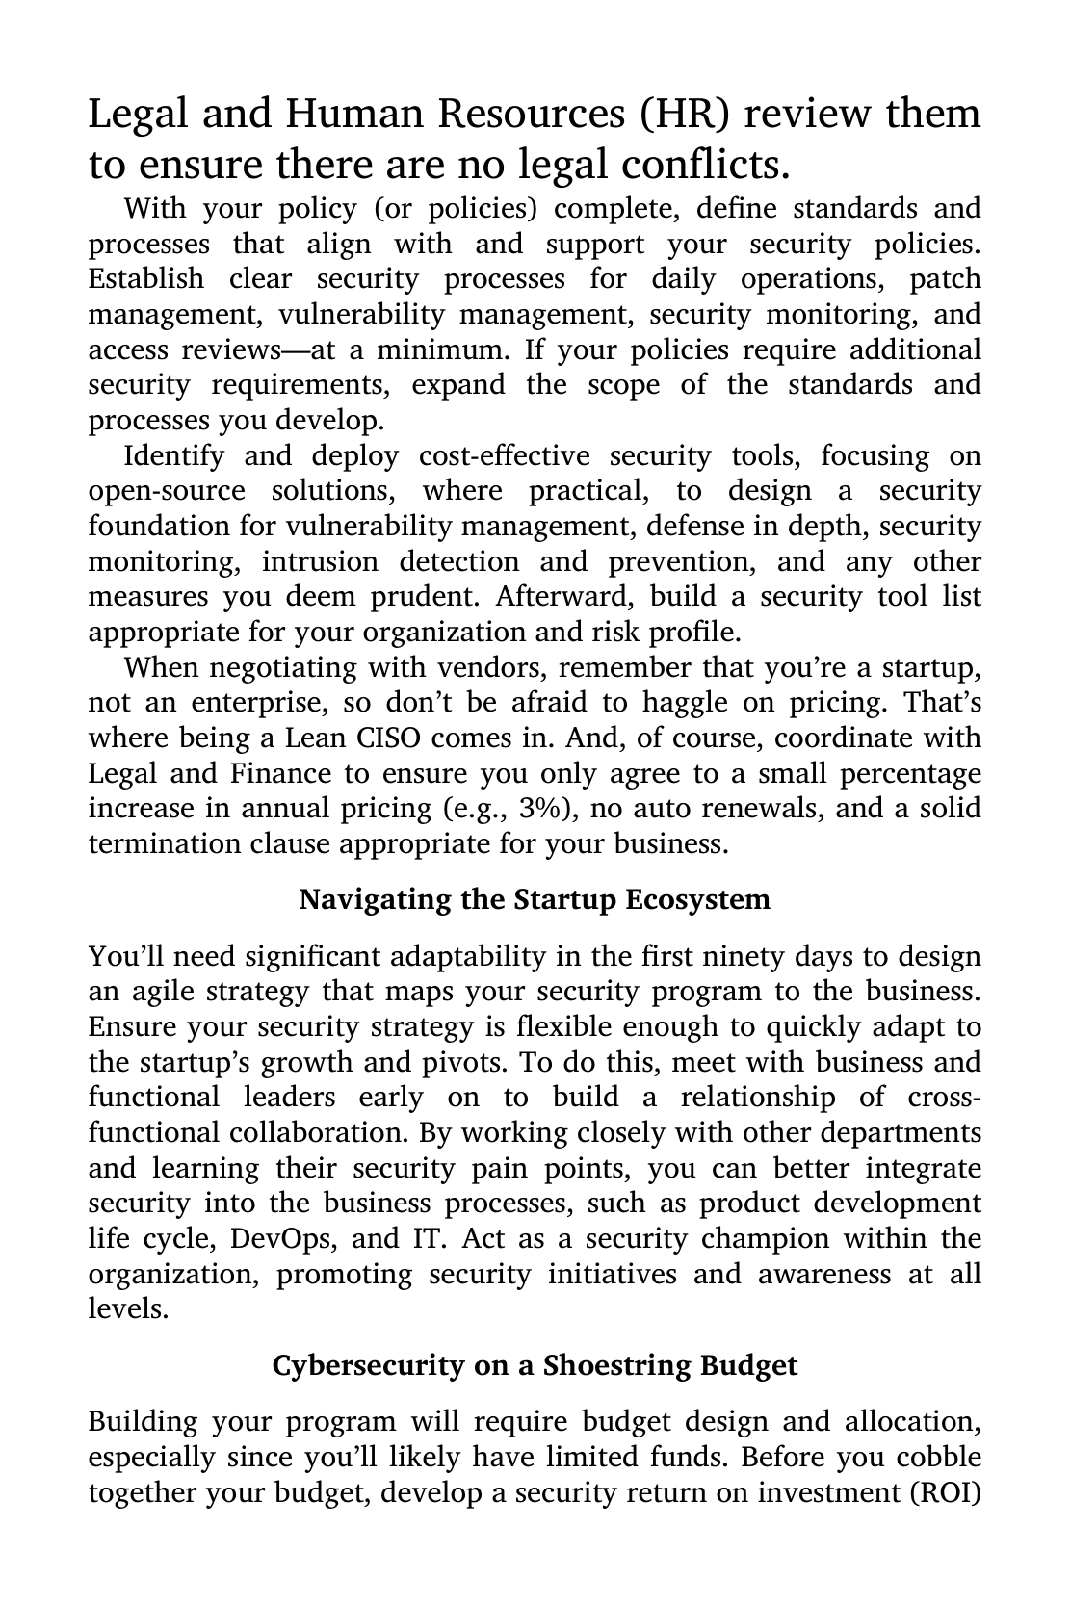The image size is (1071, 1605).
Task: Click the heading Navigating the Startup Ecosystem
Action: pyautogui.click(x=535, y=900)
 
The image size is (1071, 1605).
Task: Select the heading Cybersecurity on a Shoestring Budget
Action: pyautogui.click(x=535, y=1365)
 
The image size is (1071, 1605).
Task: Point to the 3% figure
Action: pyautogui.click(x=546, y=809)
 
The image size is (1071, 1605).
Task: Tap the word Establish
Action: pyautogui.click(x=146, y=279)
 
